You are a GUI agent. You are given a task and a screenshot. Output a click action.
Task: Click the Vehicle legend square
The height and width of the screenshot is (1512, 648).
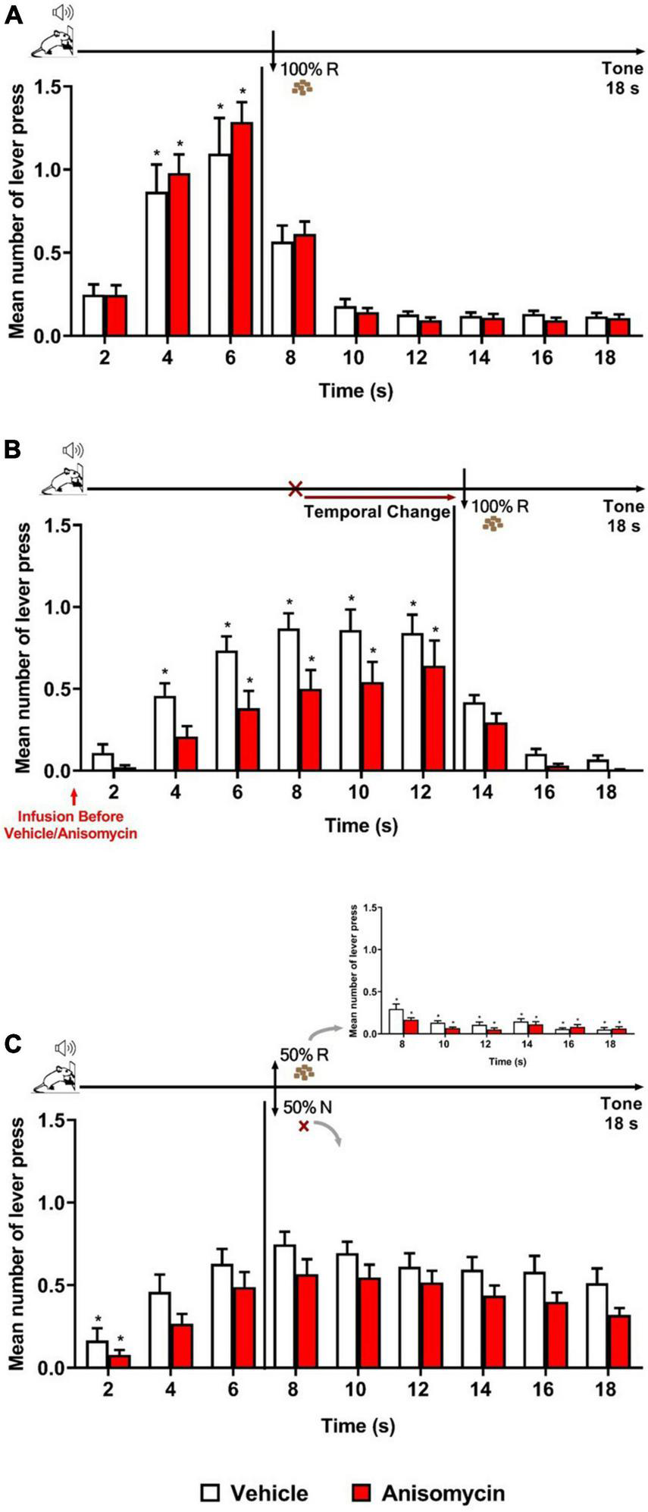(210, 1472)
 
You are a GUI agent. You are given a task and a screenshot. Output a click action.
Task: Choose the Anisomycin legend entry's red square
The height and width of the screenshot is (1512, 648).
(363, 1472)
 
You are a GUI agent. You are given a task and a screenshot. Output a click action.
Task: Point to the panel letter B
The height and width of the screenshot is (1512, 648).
(13, 449)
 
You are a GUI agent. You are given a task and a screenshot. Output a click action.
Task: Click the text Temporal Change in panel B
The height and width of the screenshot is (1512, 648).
(377, 512)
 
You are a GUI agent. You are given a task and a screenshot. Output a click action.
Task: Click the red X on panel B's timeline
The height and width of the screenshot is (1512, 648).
(296, 488)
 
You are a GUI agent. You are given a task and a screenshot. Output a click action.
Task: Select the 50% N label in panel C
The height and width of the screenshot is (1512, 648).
(308, 1107)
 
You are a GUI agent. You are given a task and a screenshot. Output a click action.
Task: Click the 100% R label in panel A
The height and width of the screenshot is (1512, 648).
(309, 69)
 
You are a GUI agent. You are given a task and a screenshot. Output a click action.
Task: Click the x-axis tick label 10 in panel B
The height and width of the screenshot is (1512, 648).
(360, 792)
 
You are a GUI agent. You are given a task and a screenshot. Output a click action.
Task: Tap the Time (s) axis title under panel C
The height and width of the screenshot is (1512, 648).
(357, 1426)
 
